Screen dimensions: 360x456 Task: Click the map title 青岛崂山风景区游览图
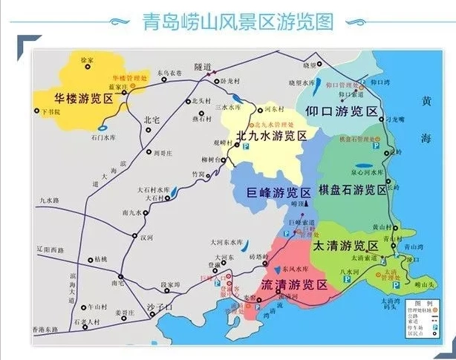236,22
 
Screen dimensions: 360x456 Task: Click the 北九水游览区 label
271,136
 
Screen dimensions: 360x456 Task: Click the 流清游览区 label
295,284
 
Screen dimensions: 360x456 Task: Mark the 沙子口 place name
161,306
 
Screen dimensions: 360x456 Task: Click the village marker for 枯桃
90,260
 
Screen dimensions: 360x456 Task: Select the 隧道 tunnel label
203,67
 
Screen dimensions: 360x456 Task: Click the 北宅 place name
152,119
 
